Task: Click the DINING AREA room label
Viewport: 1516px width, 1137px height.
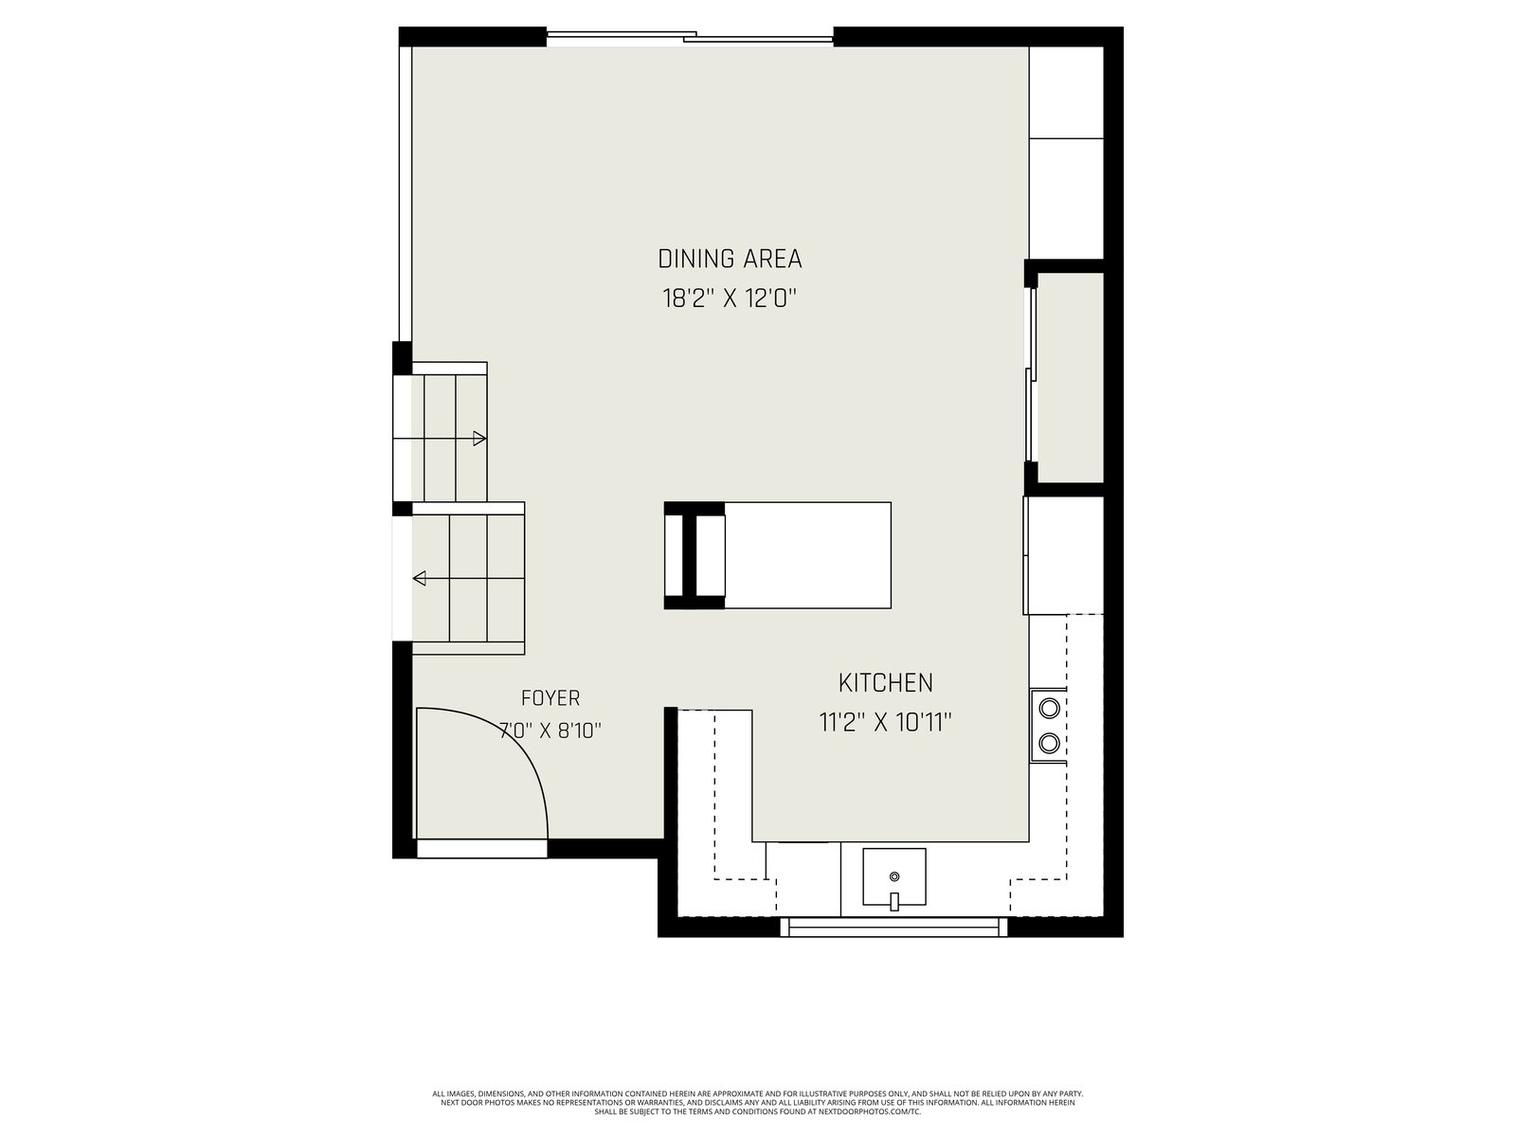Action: click(730, 259)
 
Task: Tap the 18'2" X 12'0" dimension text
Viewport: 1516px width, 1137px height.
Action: click(730, 298)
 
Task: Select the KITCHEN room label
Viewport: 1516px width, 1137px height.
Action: click(885, 683)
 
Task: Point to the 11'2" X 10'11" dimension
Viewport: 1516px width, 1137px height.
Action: click(885, 723)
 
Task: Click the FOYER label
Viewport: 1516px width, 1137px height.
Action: click(550, 698)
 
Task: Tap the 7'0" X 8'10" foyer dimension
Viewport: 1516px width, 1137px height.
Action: click(550, 731)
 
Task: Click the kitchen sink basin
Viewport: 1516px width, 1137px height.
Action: click(893, 876)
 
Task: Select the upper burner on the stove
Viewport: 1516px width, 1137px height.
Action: click(1049, 709)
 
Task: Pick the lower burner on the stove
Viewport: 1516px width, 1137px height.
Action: click(1049, 743)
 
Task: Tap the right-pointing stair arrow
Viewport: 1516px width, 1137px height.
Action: click(440, 439)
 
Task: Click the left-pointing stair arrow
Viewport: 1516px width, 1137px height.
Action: click(468, 579)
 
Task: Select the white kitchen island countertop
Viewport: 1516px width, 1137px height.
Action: click(807, 555)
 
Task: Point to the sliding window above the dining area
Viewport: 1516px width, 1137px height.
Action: click(690, 37)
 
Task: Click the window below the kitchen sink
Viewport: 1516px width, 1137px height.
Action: click(893, 927)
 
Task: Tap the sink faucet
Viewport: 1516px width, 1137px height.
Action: click(893, 902)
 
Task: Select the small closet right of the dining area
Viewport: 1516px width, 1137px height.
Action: click(1070, 378)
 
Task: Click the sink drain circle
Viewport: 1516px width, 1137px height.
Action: click(894, 876)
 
